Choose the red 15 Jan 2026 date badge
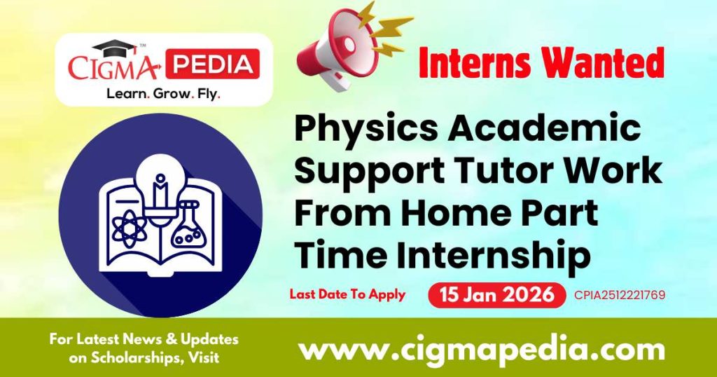pyautogui.click(x=496, y=295)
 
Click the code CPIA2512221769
pyautogui.click(x=618, y=295)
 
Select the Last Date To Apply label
pyautogui.click(x=347, y=294)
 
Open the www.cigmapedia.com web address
pyautogui.click(x=481, y=348)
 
